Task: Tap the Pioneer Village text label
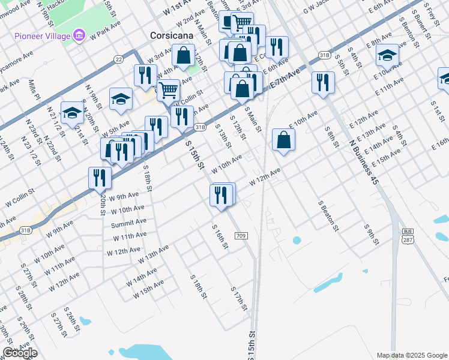click(41, 35)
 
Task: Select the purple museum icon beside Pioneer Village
click(79, 36)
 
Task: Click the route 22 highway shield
click(118, 59)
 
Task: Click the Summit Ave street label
click(128, 224)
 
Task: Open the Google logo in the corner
click(20, 353)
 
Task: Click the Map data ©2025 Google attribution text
click(411, 355)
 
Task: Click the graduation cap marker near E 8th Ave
click(388, 55)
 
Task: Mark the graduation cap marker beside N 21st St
click(72, 113)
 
